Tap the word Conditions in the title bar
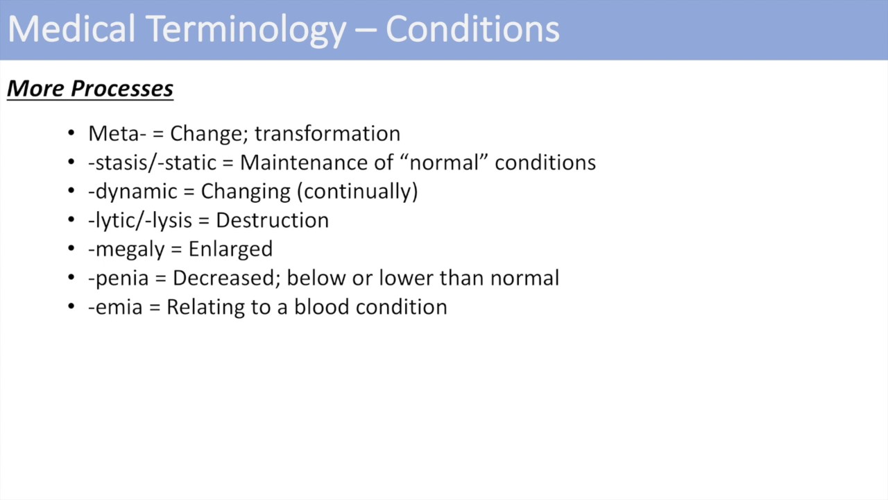point(472,30)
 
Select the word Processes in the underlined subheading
point(122,89)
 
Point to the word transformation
point(327,133)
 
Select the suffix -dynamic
point(133,192)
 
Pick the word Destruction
point(272,220)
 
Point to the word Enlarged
point(230,249)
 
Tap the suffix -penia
point(118,278)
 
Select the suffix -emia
point(115,307)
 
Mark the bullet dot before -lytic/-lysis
point(71,220)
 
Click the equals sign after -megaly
point(177,249)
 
